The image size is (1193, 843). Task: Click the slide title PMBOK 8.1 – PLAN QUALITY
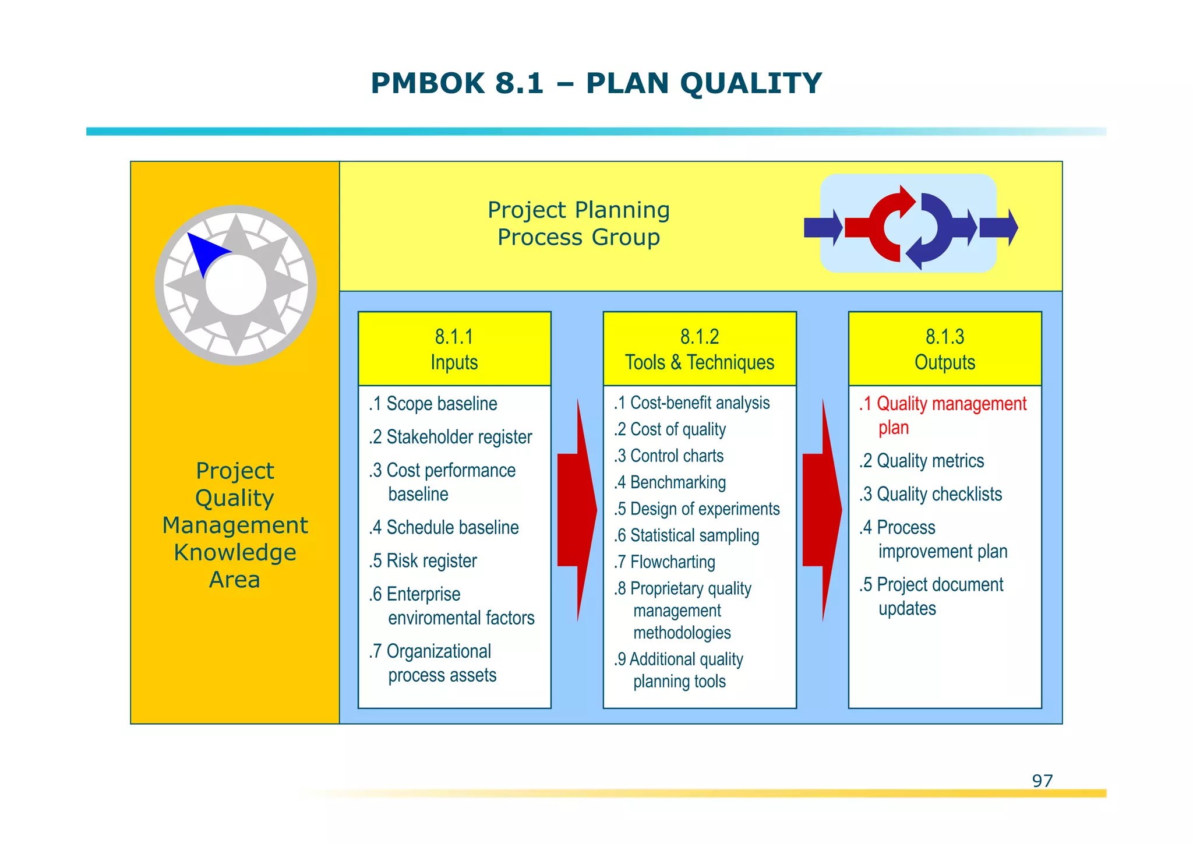(x=596, y=83)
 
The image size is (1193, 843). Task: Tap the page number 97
(x=1042, y=781)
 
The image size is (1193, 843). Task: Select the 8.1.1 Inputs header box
(x=454, y=349)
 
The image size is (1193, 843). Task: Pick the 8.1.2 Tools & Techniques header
(x=700, y=349)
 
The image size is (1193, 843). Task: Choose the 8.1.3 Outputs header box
(x=945, y=349)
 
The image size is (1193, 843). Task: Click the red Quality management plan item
(x=942, y=415)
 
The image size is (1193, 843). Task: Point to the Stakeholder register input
(x=451, y=437)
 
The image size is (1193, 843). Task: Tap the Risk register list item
(x=423, y=561)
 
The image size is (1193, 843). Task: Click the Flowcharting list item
(x=665, y=562)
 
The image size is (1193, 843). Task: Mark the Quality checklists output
(x=931, y=494)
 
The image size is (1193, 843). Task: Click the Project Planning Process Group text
(x=578, y=224)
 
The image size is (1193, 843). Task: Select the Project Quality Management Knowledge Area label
(x=235, y=525)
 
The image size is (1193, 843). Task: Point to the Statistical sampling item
(x=687, y=535)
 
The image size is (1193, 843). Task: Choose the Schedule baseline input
(x=444, y=528)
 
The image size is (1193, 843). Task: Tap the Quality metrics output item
(x=922, y=461)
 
